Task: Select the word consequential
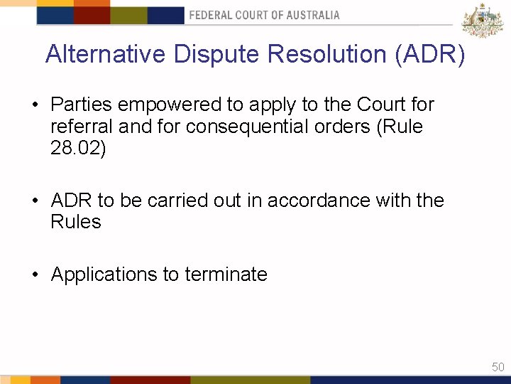pos(270,127)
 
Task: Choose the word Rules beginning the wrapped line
pos(76,222)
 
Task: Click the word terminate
pos(226,274)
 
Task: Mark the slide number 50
pos(498,367)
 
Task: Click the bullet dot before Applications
pos(35,275)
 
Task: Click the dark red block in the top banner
pos(92,15)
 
